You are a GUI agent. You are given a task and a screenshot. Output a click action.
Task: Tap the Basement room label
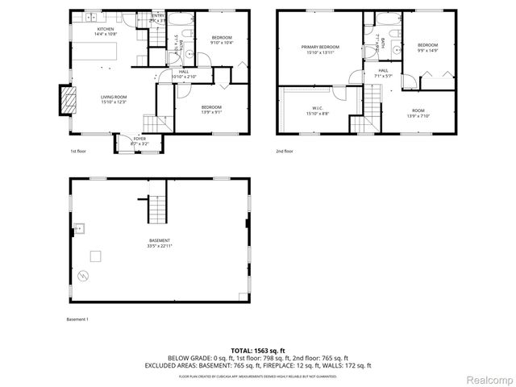pyautogui.click(x=160, y=243)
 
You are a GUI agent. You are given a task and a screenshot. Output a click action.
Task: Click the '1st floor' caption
pyautogui.click(x=77, y=151)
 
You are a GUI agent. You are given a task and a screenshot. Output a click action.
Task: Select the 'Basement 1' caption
pyautogui.click(x=77, y=319)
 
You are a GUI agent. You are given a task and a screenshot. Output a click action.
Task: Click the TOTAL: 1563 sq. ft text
pyautogui.click(x=257, y=351)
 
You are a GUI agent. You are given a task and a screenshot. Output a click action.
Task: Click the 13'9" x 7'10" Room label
pyautogui.click(x=418, y=112)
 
